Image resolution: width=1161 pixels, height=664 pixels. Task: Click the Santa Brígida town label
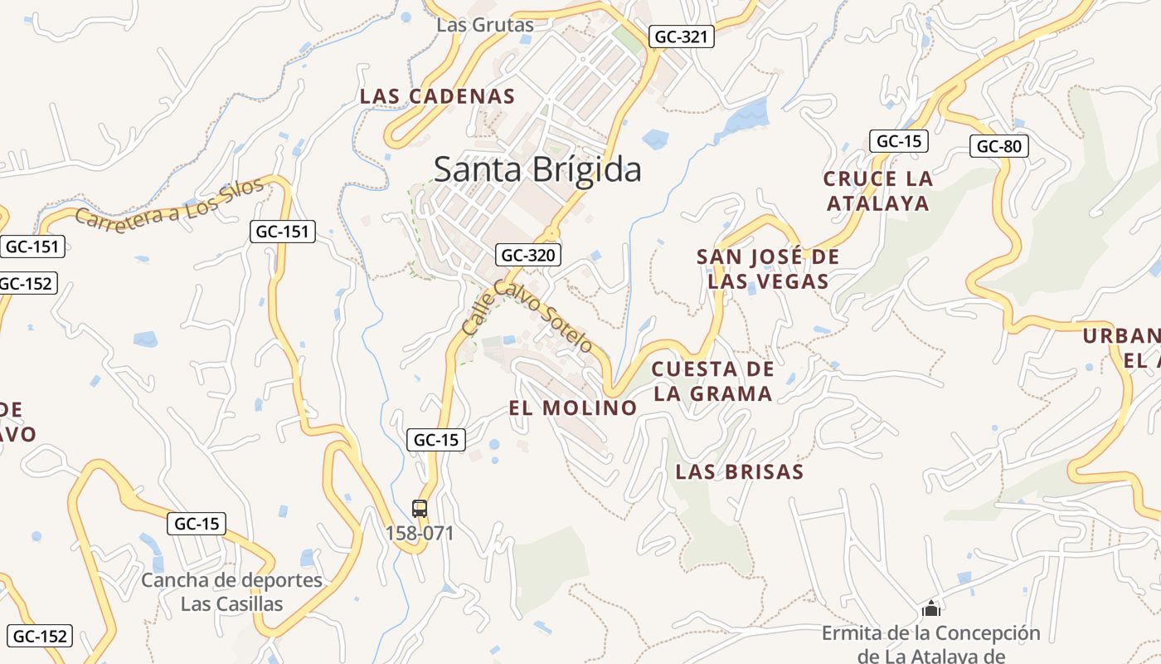pos(537,169)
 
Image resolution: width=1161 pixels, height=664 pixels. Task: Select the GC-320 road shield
pos(528,255)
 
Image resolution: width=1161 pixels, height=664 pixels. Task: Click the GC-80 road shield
pos(998,147)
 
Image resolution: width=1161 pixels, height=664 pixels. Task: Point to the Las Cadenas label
pos(437,96)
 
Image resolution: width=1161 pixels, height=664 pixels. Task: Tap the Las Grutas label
pos(485,25)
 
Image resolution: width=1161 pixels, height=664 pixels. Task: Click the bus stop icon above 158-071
pos(420,508)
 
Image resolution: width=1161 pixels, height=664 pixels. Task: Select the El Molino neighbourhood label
pos(572,408)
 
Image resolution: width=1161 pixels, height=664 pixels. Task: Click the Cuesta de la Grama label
pos(713,381)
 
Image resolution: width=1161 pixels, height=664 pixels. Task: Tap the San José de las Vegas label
pos(768,269)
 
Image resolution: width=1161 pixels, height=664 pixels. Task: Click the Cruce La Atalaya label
pos(877,190)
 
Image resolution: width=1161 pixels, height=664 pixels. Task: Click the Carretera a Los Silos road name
pos(170,204)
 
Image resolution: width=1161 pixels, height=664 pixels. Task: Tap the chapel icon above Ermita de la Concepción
pos(931,609)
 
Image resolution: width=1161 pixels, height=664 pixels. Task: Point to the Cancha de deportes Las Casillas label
pos(231,592)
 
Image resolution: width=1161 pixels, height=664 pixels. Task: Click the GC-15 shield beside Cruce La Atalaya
pos(898,141)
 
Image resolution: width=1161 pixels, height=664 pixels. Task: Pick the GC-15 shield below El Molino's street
pos(436,440)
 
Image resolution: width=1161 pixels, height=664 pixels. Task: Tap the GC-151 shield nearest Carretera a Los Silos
pos(283,232)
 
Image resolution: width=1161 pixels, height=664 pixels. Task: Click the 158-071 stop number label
pos(420,533)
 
